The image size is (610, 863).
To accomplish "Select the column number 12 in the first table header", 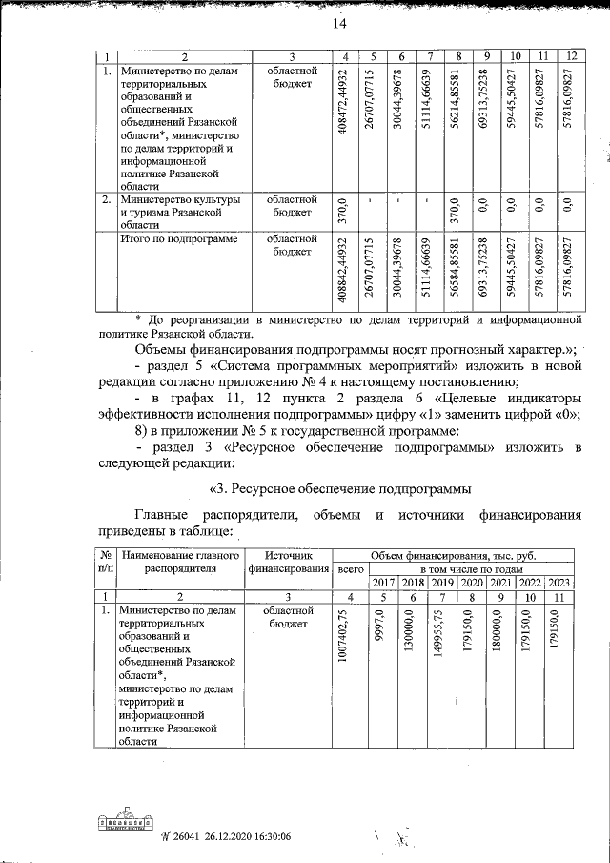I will (569, 55).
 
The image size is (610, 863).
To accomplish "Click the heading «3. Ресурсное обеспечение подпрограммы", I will (339, 489).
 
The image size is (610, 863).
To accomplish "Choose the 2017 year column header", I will (383, 582).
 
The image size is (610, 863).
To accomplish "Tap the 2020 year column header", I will (471, 582).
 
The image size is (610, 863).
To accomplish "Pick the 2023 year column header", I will (558, 582).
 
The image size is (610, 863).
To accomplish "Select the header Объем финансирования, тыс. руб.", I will (454, 553).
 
